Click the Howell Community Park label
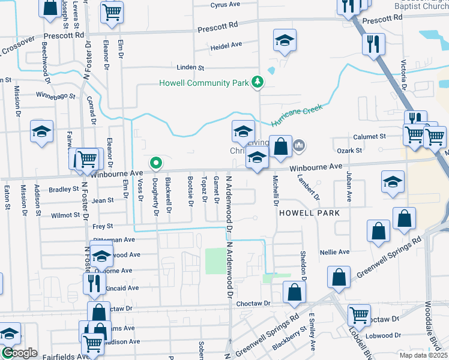click(203, 83)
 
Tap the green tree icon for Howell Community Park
click(258, 82)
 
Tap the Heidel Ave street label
click(226, 44)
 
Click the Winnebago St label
click(55, 95)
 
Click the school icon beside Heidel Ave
click(285, 41)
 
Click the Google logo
click(19, 353)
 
